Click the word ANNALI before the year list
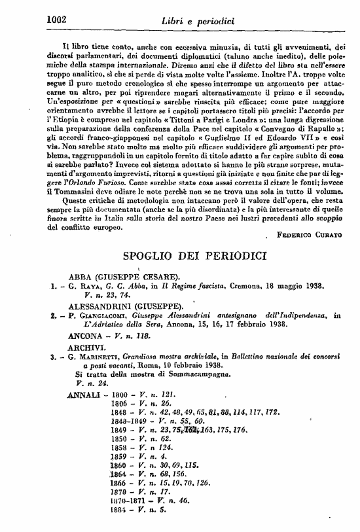point(84,395)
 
